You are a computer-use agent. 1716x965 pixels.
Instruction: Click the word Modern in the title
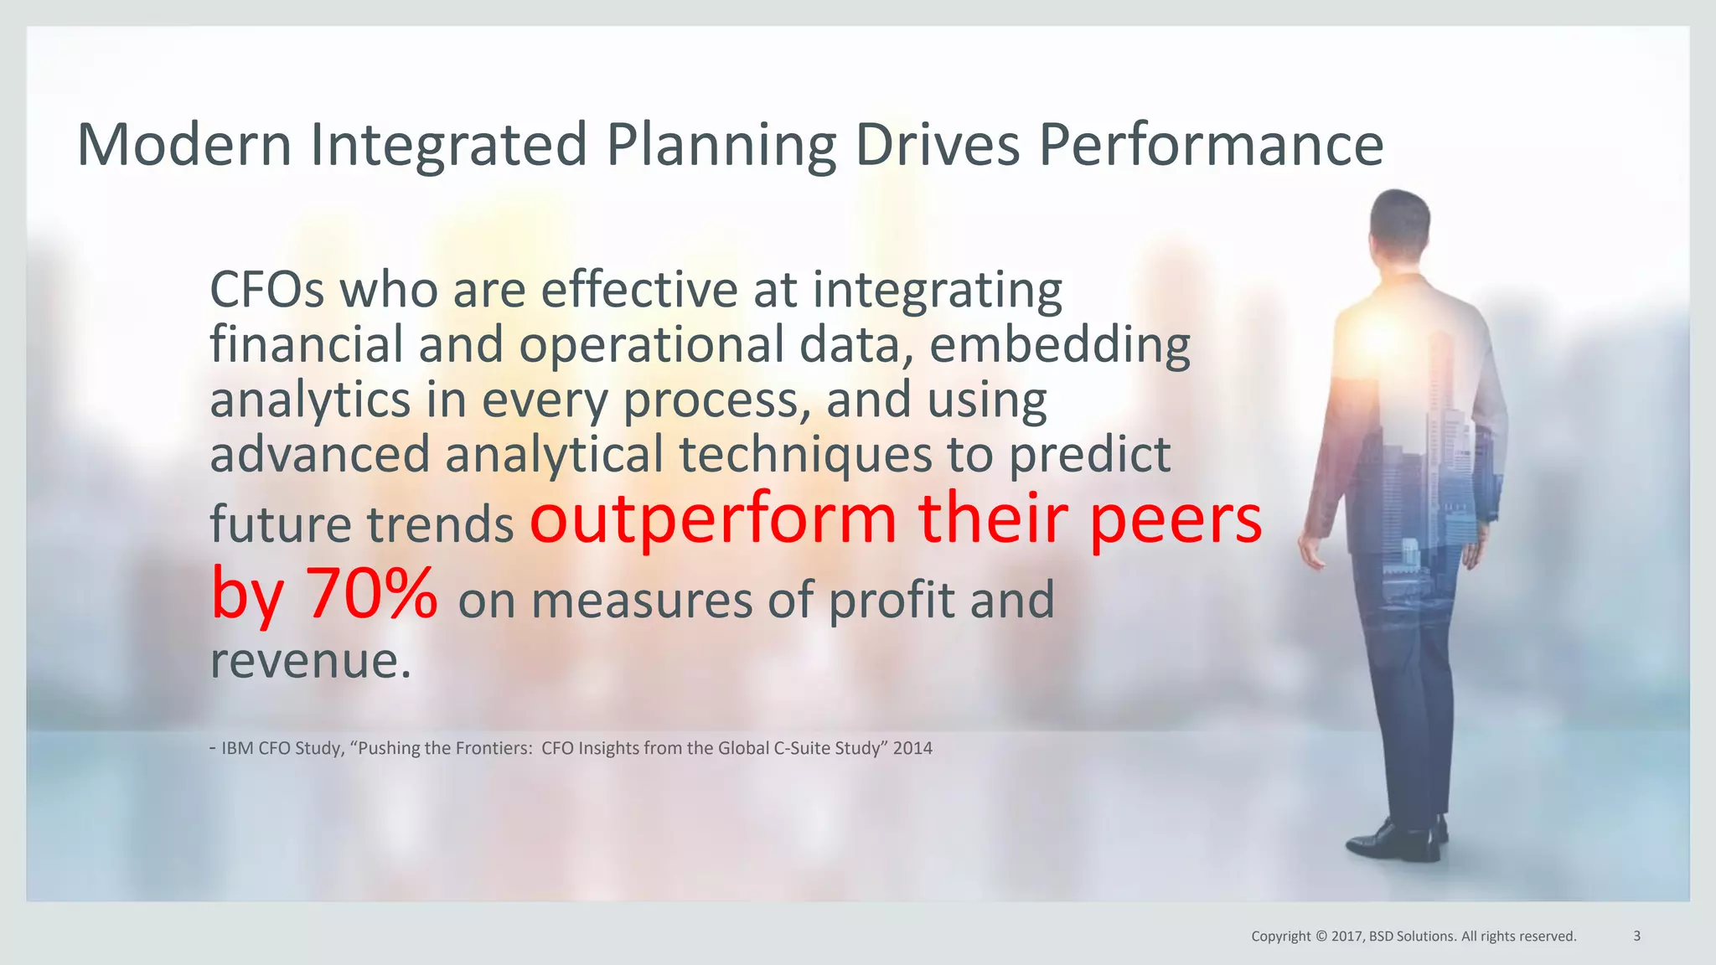[184, 145]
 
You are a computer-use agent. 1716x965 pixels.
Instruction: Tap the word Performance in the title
[1211, 147]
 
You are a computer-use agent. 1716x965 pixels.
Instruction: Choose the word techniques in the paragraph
[805, 455]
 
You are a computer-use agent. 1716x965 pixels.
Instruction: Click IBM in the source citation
[237, 748]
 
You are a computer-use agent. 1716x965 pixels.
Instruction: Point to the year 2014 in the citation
[912, 748]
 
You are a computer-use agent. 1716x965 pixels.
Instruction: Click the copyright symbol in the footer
[1321, 937]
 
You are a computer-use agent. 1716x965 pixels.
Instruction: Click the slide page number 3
[1636, 936]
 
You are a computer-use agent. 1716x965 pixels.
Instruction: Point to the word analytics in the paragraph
[309, 401]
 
